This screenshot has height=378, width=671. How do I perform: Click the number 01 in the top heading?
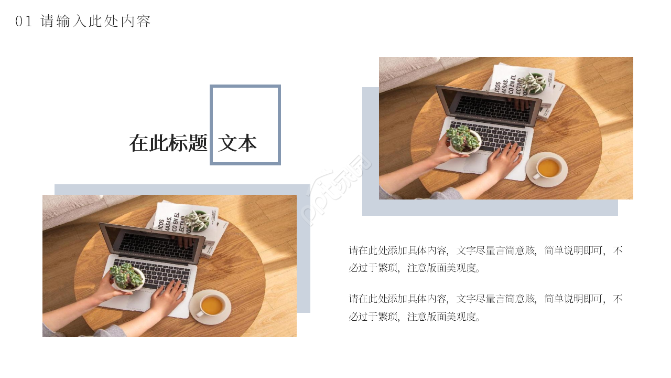24,22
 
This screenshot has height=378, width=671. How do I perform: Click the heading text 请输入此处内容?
96,22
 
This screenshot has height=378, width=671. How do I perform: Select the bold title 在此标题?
168,143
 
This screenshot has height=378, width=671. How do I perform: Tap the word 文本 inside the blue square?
237,143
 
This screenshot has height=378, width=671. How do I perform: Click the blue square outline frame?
245,87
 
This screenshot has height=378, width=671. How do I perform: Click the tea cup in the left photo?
211,306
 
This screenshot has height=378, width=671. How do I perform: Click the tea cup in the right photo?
547,168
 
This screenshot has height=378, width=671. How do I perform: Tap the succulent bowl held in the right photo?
464,140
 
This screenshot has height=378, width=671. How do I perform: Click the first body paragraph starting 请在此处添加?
485,259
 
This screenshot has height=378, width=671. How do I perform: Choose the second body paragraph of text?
485,308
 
